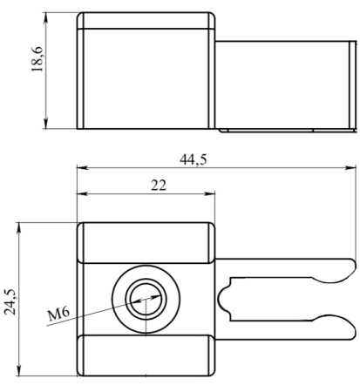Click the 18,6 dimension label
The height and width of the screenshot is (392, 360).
click(x=37, y=59)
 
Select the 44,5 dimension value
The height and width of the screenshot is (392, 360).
click(x=194, y=159)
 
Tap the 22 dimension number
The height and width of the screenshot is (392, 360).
click(x=159, y=186)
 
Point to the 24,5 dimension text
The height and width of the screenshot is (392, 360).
click(x=10, y=302)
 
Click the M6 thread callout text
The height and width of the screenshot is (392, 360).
click(x=59, y=314)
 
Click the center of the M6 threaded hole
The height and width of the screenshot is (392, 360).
click(x=146, y=300)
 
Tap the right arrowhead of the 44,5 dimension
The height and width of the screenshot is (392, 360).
click(x=350, y=167)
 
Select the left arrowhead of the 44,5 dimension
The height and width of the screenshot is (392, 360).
click(x=82, y=167)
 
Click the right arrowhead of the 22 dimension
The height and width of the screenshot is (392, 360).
click(x=209, y=193)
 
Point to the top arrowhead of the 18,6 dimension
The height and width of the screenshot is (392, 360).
click(x=45, y=17)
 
